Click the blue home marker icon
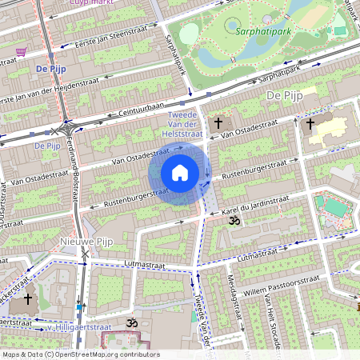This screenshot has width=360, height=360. click(180, 173)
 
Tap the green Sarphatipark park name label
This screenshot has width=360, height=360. click(263, 33)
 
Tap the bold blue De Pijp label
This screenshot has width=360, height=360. click(50, 70)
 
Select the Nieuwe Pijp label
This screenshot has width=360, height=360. click(82, 240)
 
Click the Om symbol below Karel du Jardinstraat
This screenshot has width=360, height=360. click(234, 219)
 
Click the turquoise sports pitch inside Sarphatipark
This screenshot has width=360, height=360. click(340, 30)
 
